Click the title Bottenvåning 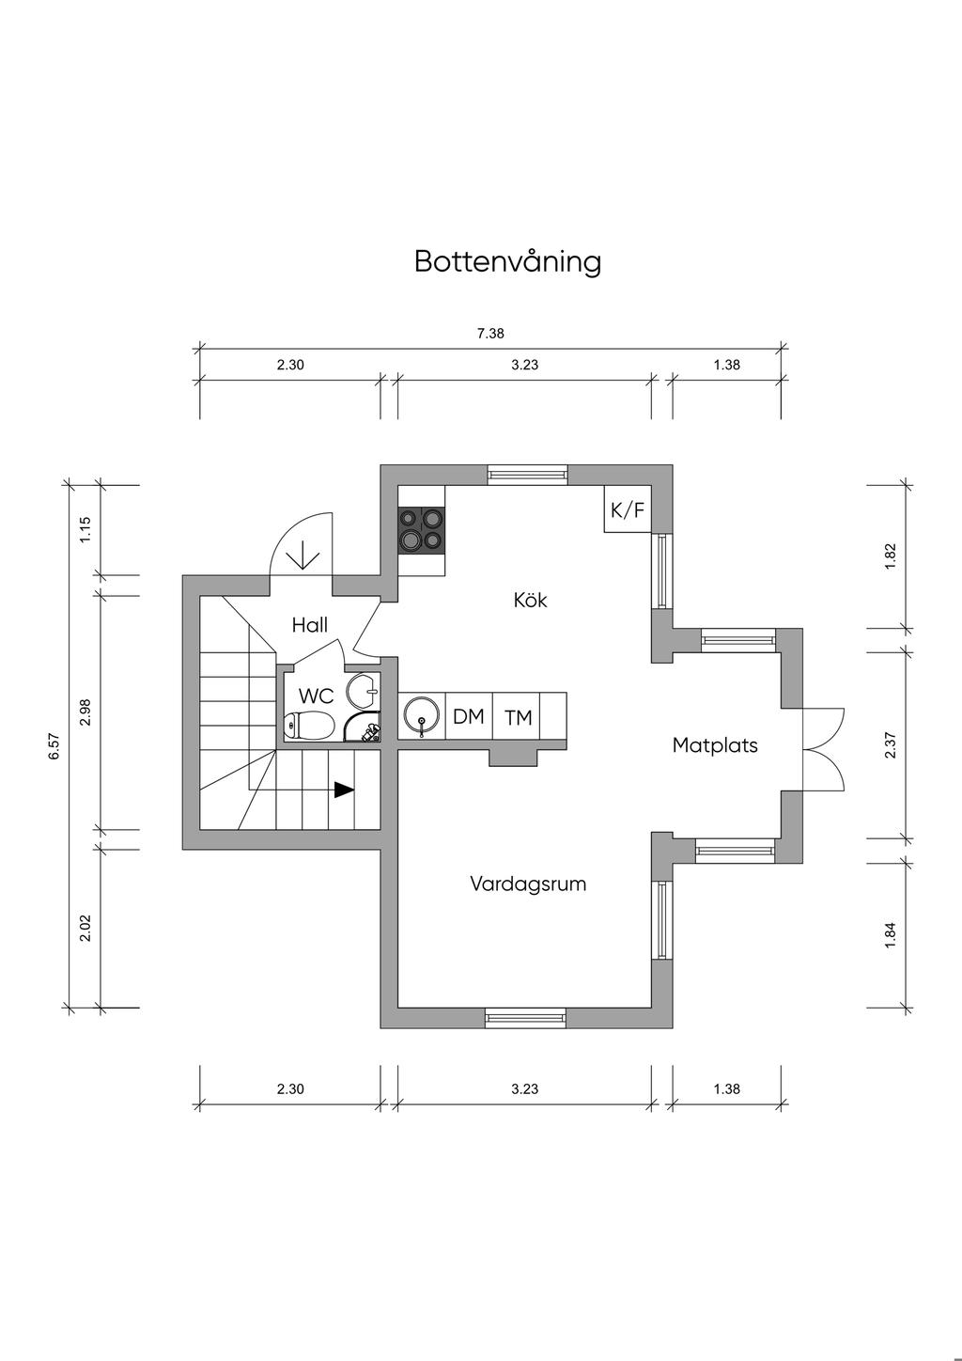point(507,261)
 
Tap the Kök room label point(530,600)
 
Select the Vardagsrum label point(528,884)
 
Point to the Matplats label point(715,745)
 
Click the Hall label point(309,625)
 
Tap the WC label point(317,696)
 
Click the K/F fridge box point(628,510)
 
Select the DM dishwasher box point(468,717)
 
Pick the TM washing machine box point(518,718)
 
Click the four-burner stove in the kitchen point(421,529)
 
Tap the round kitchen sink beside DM point(421,717)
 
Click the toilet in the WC point(309,726)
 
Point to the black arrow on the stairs point(344,790)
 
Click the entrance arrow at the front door point(303,556)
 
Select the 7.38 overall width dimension point(491,333)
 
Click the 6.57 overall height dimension point(54,747)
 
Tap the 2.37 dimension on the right point(891,745)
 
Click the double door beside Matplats point(824,745)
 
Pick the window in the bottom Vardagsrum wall point(525,1016)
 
